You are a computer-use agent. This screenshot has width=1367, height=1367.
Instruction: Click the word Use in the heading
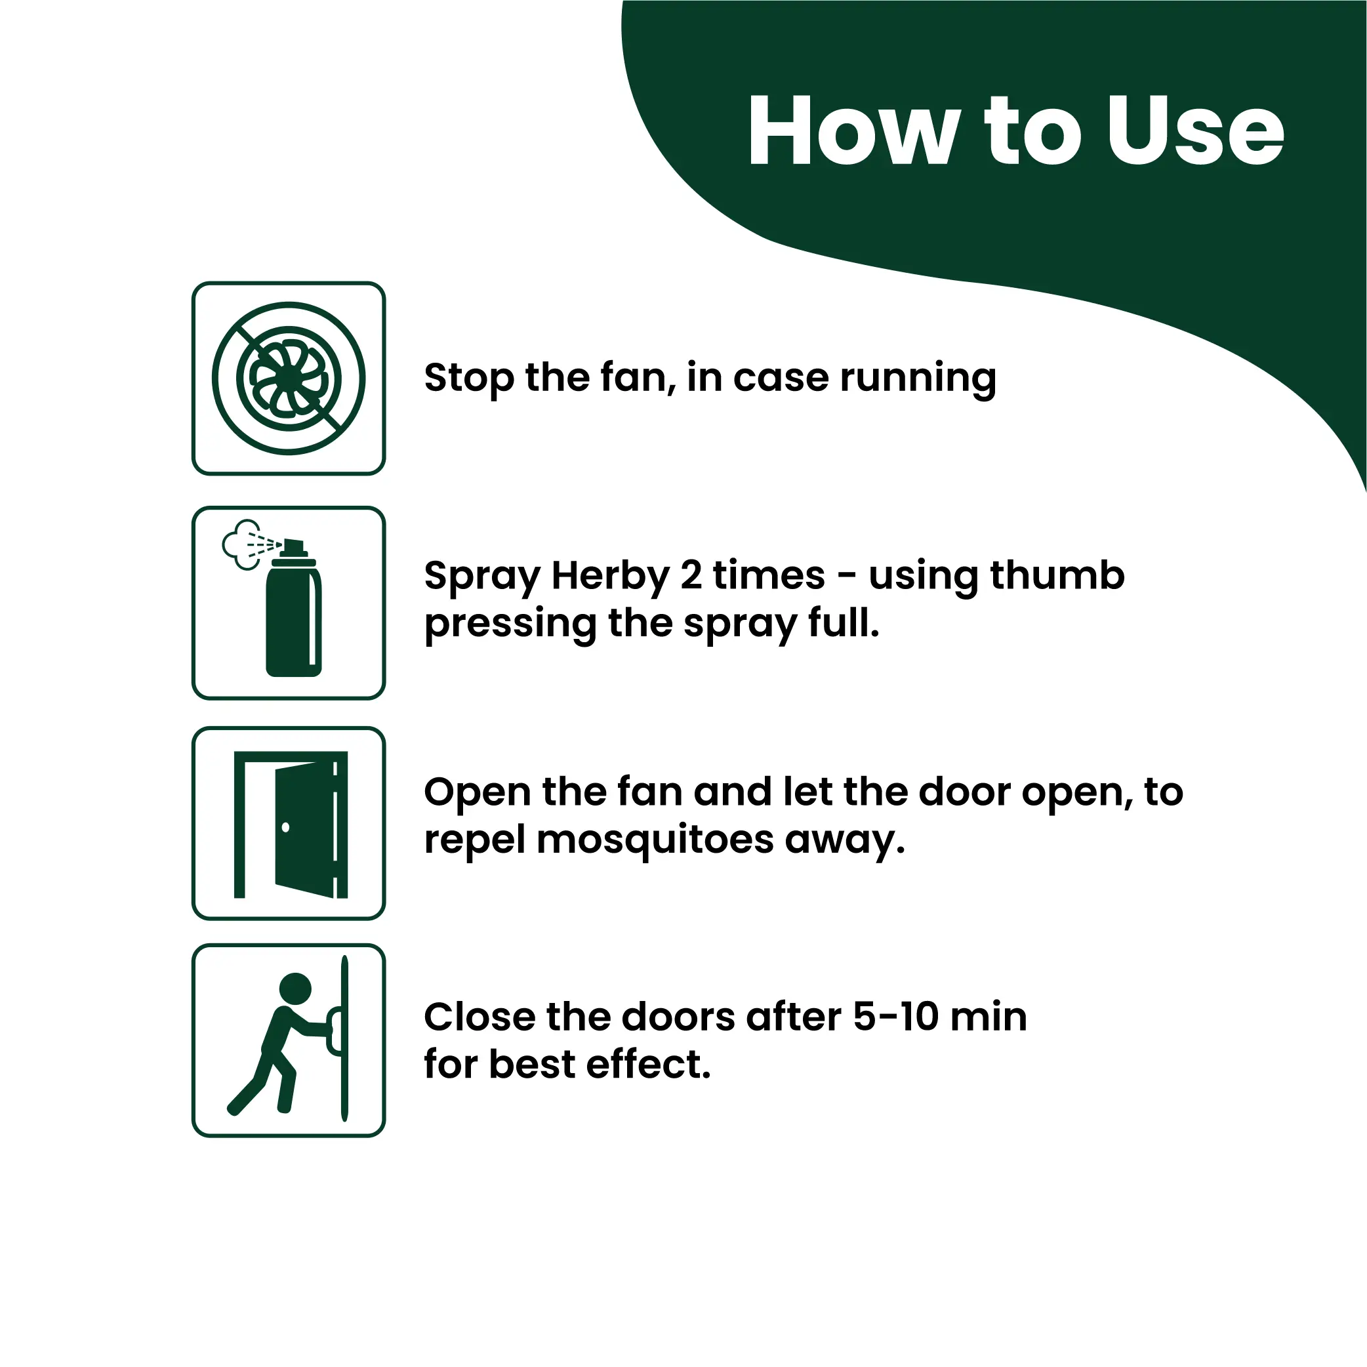pyautogui.click(x=1195, y=132)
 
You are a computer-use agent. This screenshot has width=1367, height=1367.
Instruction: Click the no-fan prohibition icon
pyautogui.click(x=289, y=378)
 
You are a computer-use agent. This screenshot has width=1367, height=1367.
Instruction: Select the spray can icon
pyautogui.click(x=294, y=608)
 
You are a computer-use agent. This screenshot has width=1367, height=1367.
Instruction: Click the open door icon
pyautogui.click(x=291, y=825)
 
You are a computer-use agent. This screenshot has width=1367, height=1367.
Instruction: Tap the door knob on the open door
pyautogui.click(x=285, y=827)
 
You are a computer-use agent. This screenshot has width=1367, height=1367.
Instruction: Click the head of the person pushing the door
pyautogui.click(x=295, y=989)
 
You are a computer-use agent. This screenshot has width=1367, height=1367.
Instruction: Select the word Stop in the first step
pyautogui.click(x=468, y=378)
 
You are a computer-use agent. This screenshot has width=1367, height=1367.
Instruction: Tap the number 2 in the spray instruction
pyautogui.click(x=691, y=575)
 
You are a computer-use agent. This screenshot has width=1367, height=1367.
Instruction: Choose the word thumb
pyautogui.click(x=1057, y=574)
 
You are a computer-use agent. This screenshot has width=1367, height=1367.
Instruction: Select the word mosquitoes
pyautogui.click(x=655, y=840)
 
